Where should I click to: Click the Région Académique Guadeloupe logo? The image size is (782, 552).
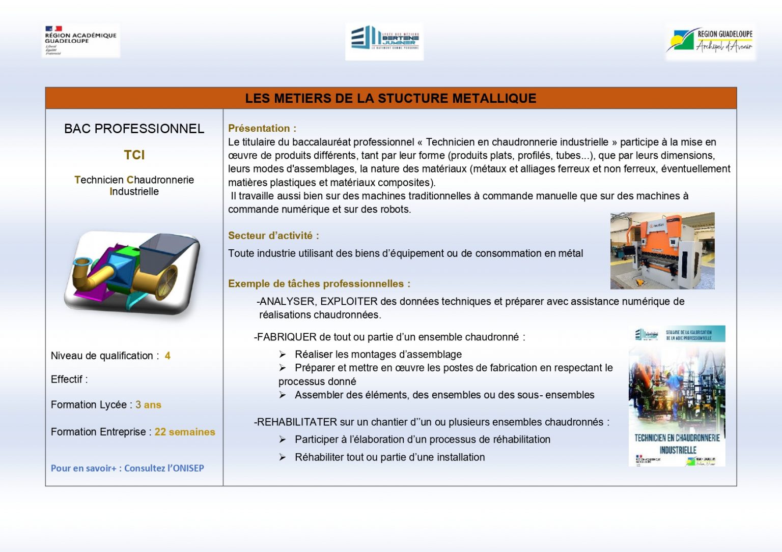tap(80, 40)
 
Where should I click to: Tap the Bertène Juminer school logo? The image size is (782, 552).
tap(384, 41)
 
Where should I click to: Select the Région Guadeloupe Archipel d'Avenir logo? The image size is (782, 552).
tap(710, 41)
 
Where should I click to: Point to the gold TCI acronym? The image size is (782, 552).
tap(134, 155)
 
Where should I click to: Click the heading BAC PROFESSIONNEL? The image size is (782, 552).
tap(134, 129)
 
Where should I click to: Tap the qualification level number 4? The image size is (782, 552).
tap(167, 356)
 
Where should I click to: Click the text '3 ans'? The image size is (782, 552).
tap(148, 405)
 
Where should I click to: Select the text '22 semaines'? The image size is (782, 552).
tap(185, 432)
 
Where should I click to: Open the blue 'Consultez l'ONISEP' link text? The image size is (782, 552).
tap(164, 468)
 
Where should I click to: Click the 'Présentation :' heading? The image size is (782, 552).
tap(262, 128)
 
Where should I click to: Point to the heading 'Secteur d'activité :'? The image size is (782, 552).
tap(273, 236)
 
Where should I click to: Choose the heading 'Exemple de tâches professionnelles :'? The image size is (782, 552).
tap(319, 284)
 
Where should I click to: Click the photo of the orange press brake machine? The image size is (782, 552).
tap(662, 251)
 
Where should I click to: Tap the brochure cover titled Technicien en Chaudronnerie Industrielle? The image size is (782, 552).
tap(677, 396)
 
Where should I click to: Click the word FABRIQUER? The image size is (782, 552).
tap(287, 337)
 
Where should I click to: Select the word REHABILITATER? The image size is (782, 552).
tap(297, 422)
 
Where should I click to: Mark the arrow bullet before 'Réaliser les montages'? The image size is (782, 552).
tap(283, 354)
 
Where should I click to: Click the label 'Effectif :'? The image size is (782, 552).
tap(69, 380)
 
